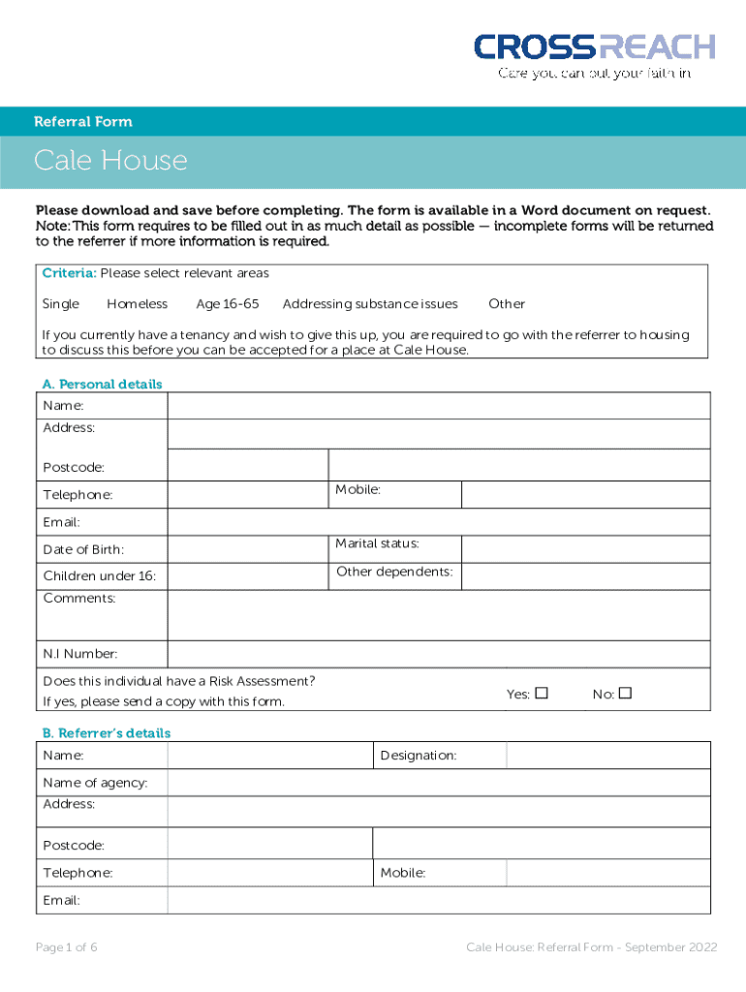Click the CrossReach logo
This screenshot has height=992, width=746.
tap(594, 54)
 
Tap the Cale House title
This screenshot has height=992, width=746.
tap(110, 160)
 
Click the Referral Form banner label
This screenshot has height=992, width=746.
tap(83, 122)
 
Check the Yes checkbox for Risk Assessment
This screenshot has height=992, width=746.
tap(542, 694)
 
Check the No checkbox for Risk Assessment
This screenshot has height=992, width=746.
tap(625, 694)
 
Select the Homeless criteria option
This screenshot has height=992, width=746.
tap(137, 304)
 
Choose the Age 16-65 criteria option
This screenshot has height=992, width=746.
tap(228, 304)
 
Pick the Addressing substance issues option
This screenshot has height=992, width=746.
tap(370, 304)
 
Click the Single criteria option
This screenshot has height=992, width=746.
tap(61, 304)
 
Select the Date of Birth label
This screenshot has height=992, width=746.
tap(83, 550)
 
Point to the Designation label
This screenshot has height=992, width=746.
tap(418, 756)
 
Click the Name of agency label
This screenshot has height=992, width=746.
tap(95, 783)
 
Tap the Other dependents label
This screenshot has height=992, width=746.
tap(394, 572)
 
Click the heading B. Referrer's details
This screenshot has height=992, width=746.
tap(106, 733)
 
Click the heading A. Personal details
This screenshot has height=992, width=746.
tap(102, 385)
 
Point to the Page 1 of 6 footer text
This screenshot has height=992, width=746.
tap(66, 947)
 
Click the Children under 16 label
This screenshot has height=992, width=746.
tap(99, 577)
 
